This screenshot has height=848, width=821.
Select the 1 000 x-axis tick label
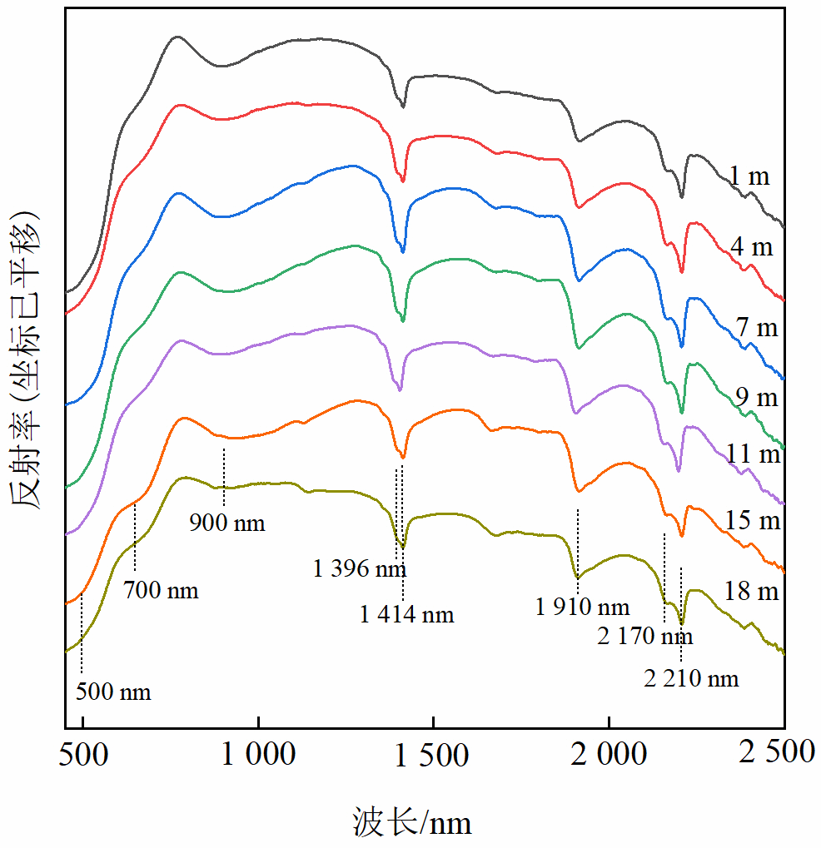pos(258,754)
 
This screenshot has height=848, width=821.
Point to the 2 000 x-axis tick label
pos(609,754)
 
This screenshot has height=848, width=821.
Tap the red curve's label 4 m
pos(751,248)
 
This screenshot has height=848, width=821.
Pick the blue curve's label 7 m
pos(756,328)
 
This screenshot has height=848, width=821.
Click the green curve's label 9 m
pos(756,398)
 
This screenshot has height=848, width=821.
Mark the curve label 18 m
pos(751,592)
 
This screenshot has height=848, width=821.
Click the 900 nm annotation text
pos(227,523)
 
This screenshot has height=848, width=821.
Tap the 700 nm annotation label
pos(161,592)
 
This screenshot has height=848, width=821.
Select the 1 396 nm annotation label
pos(360,570)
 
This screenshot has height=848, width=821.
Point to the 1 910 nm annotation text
pos(583,607)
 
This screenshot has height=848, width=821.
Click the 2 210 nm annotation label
pos(691,679)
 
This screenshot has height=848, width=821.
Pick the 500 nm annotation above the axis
pos(113,692)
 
